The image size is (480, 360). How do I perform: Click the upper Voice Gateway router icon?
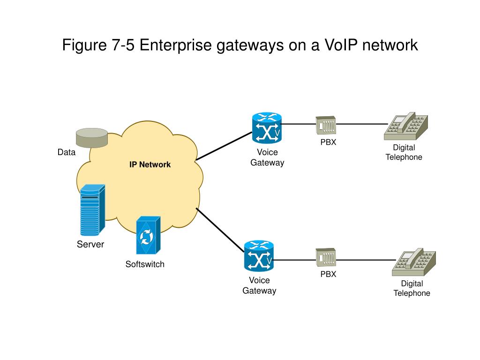267,128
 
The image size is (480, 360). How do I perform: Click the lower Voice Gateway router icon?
259,256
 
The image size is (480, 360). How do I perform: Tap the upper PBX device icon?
326,125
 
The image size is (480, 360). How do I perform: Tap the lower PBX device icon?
326,257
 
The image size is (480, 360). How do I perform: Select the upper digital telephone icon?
405,126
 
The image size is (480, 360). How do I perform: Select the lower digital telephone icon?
413,262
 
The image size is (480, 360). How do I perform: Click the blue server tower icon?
92,210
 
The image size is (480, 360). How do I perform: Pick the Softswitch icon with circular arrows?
148,235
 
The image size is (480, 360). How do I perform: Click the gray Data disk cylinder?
92,138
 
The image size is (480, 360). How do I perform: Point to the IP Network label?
150,165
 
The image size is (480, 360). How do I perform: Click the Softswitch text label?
145,264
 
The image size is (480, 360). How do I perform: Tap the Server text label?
90,244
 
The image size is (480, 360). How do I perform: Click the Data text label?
67,152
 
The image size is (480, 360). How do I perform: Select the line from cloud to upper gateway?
224,146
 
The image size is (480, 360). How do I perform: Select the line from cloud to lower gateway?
220,230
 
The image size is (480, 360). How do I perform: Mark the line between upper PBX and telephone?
362,124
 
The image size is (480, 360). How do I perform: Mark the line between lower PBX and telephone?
366,260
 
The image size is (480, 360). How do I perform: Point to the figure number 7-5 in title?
123,45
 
